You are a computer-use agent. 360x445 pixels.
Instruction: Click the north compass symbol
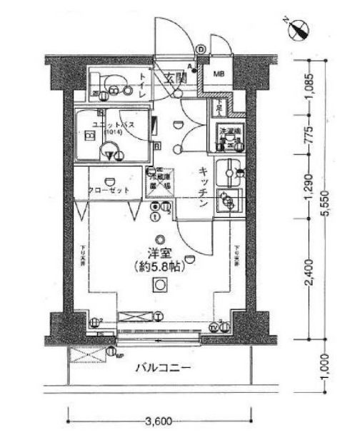tap(301, 29)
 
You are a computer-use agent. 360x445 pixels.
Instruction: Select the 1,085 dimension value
tap(308, 89)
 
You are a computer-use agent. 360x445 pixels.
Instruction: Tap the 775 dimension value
tap(308, 137)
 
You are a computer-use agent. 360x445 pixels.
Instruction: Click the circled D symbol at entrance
tap(201, 49)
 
